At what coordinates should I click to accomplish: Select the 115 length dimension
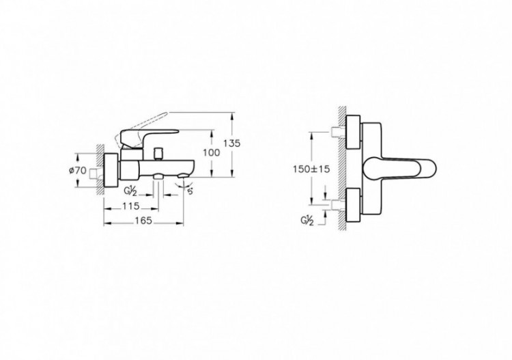tap(130, 206)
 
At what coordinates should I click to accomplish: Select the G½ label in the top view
tap(307, 221)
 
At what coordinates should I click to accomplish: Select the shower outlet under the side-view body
tap(158, 178)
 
